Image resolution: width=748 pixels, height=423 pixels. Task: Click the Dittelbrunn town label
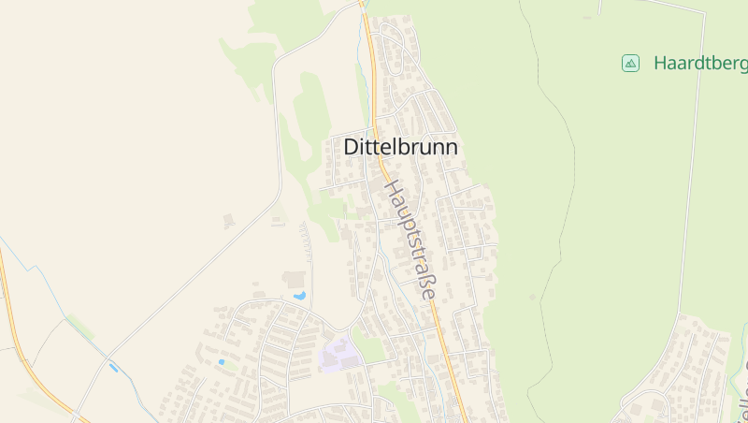[400, 148]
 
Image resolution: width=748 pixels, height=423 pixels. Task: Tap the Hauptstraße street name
[410, 240]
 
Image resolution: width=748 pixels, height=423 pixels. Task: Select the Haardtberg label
[700, 64]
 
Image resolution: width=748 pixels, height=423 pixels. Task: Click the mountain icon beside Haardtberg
[630, 63]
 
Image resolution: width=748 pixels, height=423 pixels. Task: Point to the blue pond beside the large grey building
[299, 296]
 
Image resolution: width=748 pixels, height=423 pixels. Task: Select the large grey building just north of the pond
[295, 279]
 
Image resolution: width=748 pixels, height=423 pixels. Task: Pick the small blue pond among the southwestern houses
[222, 362]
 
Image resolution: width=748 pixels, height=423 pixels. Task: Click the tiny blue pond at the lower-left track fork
[114, 368]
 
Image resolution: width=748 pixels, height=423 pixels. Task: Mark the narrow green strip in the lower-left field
[80, 327]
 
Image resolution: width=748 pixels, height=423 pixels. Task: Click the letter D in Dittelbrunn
[352, 148]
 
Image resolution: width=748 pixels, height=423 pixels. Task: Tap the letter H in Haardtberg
[661, 64]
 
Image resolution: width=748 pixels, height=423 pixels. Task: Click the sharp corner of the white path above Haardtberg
[702, 13]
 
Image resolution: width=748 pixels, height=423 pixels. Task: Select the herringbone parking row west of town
[306, 241]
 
